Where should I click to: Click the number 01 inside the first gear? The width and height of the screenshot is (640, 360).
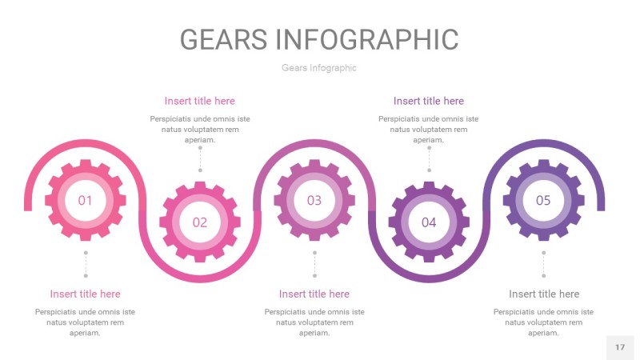coord(85,201)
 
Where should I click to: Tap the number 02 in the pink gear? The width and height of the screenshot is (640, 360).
coord(199,222)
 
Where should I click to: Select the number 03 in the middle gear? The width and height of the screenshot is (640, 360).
coord(314,201)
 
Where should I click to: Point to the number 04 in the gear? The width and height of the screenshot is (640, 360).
coord(429,222)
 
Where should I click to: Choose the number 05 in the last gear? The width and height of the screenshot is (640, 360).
coord(543,201)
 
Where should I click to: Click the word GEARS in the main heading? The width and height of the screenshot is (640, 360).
coord(224,39)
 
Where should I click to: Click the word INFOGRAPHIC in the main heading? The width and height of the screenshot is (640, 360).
coord(367,39)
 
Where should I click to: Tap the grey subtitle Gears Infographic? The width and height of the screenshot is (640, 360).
coord(318,68)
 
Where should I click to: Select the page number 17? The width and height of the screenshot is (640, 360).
coord(620,347)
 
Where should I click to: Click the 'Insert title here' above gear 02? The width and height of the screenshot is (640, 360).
coord(199,101)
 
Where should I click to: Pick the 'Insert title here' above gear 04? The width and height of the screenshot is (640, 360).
coord(429,101)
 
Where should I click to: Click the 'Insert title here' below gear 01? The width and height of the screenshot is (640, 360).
coord(85,294)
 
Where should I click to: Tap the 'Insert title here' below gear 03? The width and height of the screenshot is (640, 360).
coord(314,294)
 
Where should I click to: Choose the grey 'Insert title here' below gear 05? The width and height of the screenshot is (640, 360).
coord(544,294)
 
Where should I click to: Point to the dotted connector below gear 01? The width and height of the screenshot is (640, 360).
coord(86,264)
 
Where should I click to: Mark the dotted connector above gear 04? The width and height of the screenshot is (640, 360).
coord(429,159)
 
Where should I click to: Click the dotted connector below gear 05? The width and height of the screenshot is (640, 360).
coord(544,264)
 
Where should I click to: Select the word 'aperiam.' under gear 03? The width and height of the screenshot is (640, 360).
coord(314,333)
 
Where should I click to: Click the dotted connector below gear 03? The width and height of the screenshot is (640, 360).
coord(314,264)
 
